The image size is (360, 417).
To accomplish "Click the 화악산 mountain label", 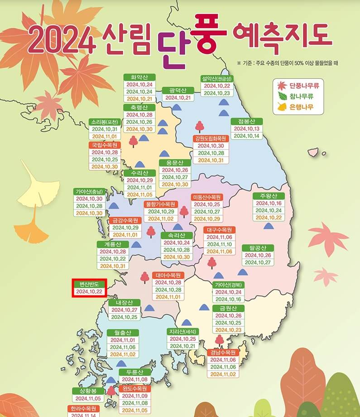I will click(x=139, y=77).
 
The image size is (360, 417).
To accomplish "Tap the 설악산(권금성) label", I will click(x=216, y=78).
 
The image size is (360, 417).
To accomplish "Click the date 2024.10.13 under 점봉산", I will click(x=247, y=129).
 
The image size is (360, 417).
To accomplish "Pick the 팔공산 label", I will click(x=258, y=247).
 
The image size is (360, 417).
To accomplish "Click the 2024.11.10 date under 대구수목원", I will click(x=220, y=244).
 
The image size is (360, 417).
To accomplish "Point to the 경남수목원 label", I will click(x=223, y=352).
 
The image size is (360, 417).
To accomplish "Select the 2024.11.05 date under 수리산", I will click(x=139, y=195).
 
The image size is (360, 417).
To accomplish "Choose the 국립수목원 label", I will click(x=105, y=145).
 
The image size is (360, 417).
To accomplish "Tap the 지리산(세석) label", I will click(x=183, y=331).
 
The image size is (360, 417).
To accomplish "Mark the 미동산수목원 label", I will click(x=206, y=197).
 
